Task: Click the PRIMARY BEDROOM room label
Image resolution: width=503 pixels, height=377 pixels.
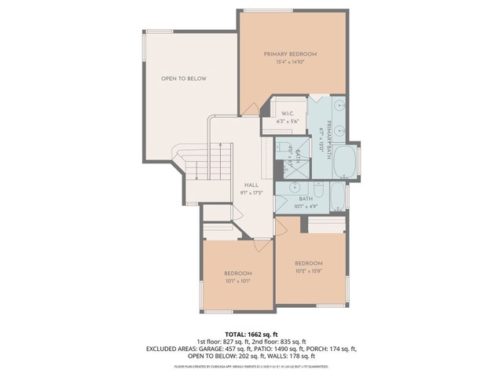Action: [290, 53]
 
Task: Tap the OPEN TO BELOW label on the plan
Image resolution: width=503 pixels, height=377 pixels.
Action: [183, 79]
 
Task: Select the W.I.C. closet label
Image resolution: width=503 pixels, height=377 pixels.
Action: [288, 113]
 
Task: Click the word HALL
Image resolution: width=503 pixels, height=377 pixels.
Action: [251, 185]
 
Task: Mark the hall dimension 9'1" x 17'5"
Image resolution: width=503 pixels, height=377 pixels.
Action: [251, 192]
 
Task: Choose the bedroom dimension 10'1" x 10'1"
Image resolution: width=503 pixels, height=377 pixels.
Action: [237, 280]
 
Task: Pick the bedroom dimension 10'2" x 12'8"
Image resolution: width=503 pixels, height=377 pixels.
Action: [308, 270]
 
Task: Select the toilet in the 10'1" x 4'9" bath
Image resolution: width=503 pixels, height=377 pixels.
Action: [318, 191]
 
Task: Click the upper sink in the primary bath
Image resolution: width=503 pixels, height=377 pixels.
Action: [340, 106]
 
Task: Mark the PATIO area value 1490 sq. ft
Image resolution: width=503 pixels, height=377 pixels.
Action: [288, 349]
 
